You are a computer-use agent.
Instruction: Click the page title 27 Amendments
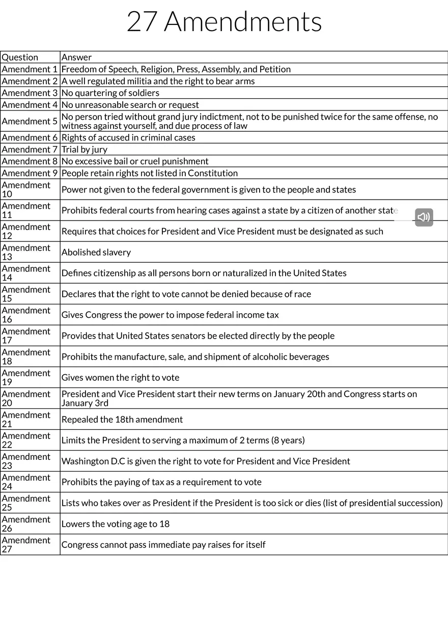(224, 22)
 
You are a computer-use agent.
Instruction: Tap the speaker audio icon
(424, 217)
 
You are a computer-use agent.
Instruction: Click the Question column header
(20, 58)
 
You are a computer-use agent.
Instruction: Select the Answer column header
(76, 58)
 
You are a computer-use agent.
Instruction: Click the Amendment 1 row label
(30, 69)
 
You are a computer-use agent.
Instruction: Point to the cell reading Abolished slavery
(96, 253)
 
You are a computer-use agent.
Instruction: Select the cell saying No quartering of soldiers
(110, 93)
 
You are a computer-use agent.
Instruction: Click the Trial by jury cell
(85, 150)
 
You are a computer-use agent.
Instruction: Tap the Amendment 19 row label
(26, 377)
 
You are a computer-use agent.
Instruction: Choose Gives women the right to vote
(121, 378)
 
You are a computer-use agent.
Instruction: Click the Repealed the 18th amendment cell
(122, 420)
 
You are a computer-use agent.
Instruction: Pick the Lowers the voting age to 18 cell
(116, 524)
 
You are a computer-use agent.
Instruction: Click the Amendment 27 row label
(26, 544)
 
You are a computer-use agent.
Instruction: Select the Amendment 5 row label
(30, 121)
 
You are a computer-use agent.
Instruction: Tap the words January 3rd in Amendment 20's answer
(85, 403)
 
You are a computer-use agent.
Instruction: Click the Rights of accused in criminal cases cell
(128, 137)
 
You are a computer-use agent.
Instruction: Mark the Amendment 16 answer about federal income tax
(170, 315)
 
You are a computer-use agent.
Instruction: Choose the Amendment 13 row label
(26, 252)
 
